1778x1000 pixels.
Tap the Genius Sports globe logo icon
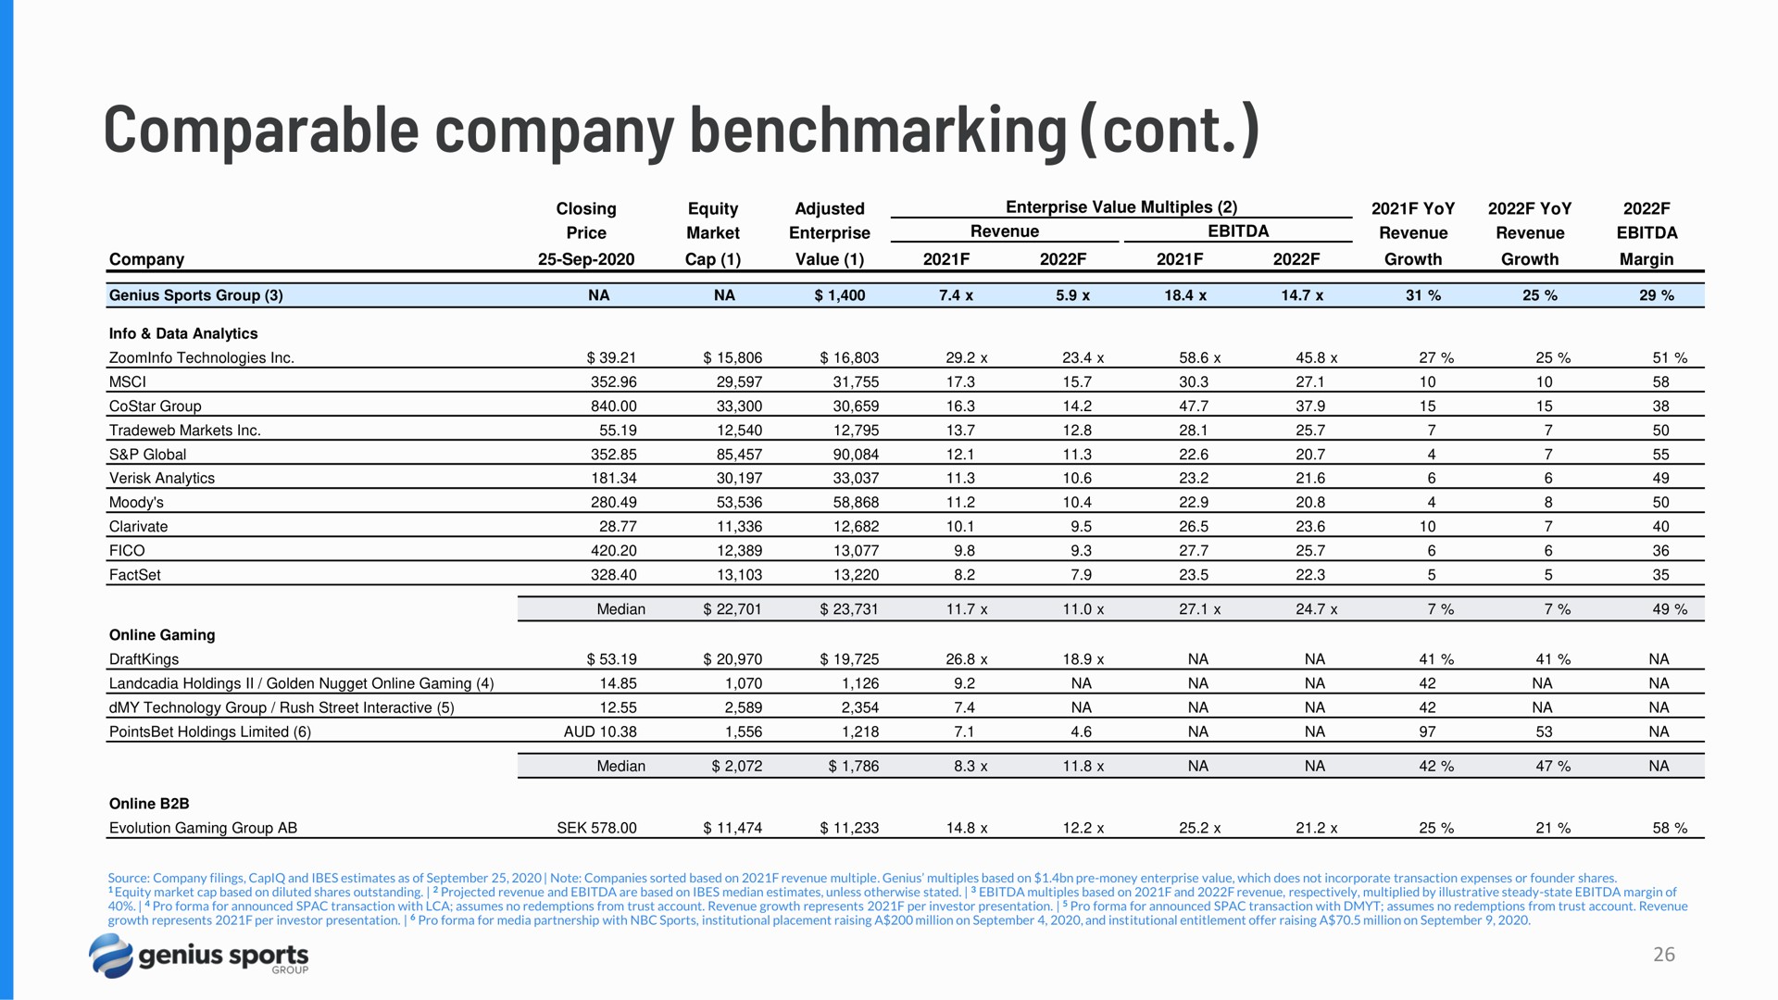pos(111,956)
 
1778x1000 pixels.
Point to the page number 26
pos(1664,955)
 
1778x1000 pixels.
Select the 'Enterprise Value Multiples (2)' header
pos(1121,207)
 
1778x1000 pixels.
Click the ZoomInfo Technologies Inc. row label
pos(201,358)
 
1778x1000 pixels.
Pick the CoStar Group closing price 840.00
pos(614,406)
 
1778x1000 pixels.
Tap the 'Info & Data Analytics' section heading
pos(183,333)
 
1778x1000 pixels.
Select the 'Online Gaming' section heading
pos(162,635)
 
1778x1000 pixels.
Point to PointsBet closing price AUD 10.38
pos(600,731)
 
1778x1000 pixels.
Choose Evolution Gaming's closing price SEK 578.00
pos(596,828)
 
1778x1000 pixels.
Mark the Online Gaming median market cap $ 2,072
pos(737,766)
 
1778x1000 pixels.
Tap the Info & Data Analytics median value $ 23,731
pos(849,609)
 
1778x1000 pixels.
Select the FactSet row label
pos(135,575)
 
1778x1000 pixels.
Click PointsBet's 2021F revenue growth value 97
pos(1427,731)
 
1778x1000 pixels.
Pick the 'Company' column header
pos(146,259)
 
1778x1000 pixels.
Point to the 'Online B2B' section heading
pos(149,804)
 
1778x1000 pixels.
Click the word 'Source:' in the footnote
pos(129,878)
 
